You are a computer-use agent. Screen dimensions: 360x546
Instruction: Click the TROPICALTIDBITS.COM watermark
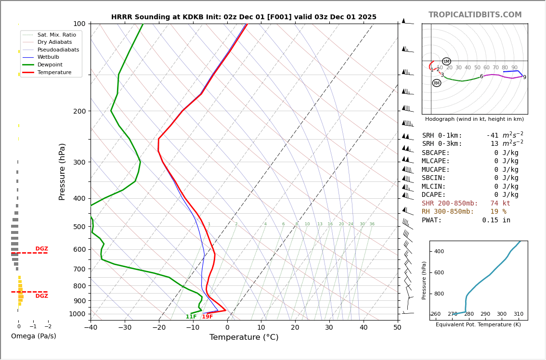tap(475, 15)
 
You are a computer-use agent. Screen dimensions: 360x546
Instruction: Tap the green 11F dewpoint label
tap(191, 317)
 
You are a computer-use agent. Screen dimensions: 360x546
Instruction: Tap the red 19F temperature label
tap(207, 317)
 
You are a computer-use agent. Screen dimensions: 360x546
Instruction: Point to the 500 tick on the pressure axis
tap(79, 227)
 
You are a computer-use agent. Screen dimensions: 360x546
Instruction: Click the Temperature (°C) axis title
tap(244, 337)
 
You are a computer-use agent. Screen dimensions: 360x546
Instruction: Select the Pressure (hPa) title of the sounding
tap(62, 171)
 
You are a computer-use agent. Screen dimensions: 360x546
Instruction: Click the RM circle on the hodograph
tap(436, 83)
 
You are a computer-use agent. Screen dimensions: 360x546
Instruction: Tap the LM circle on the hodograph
tap(446, 62)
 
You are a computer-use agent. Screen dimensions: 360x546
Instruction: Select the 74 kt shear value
tap(500, 204)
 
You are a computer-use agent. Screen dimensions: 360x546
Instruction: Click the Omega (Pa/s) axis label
tap(33, 336)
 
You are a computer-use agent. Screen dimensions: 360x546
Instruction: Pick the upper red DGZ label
tap(41, 249)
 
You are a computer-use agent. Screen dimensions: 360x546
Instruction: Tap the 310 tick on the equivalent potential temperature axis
tap(518, 314)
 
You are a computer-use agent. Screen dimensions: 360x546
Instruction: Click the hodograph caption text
tap(474, 119)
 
